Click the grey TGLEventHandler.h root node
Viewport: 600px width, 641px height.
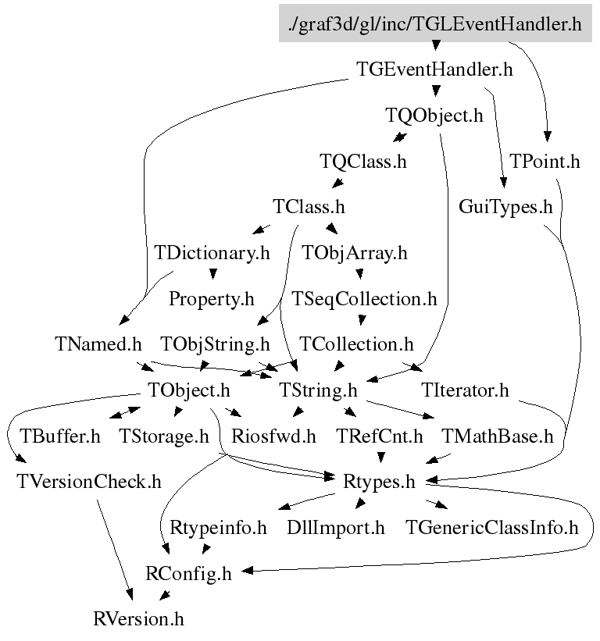tap(435, 24)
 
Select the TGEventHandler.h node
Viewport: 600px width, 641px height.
tap(434, 69)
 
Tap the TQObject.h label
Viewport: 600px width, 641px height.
tap(434, 116)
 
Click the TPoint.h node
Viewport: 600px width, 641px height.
tap(545, 162)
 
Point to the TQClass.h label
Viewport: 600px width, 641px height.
tap(363, 162)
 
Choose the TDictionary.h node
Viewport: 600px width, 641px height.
tap(212, 253)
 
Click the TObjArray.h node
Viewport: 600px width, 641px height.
tap(355, 253)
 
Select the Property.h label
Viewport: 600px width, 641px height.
tap(212, 298)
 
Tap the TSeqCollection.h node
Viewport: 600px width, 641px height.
tap(364, 298)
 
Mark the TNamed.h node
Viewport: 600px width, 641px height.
tap(98, 344)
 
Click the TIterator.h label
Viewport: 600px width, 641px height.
tap(465, 390)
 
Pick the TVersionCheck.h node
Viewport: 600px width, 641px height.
tap(89, 481)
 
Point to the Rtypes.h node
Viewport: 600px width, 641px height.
tap(379, 481)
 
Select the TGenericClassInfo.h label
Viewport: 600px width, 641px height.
tap(492, 527)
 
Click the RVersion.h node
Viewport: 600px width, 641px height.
tap(138, 619)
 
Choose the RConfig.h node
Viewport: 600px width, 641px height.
tap(188, 573)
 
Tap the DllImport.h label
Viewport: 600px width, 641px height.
tap(336, 527)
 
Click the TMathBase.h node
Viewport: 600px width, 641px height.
tap(497, 436)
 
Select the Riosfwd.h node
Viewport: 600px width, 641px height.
tap(273, 436)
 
